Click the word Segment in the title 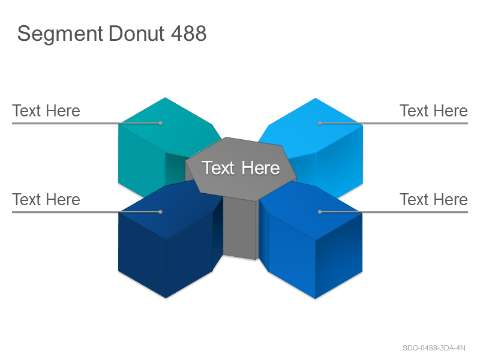pyautogui.click(x=60, y=34)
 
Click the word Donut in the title pyautogui.click(x=137, y=33)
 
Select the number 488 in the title pyautogui.click(x=188, y=33)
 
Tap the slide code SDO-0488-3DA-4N pyautogui.click(x=434, y=348)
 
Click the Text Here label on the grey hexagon pyautogui.click(x=241, y=168)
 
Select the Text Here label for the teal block pyautogui.click(x=46, y=110)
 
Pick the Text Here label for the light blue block pyautogui.click(x=433, y=110)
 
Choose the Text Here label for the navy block pyautogui.click(x=46, y=199)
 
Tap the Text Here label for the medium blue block pyautogui.click(x=433, y=199)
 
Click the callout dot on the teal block pyautogui.click(x=160, y=123)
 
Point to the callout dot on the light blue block pyautogui.click(x=320, y=123)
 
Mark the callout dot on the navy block pyautogui.click(x=160, y=212)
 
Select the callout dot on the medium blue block pyautogui.click(x=320, y=212)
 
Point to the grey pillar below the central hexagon pyautogui.click(x=239, y=228)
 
